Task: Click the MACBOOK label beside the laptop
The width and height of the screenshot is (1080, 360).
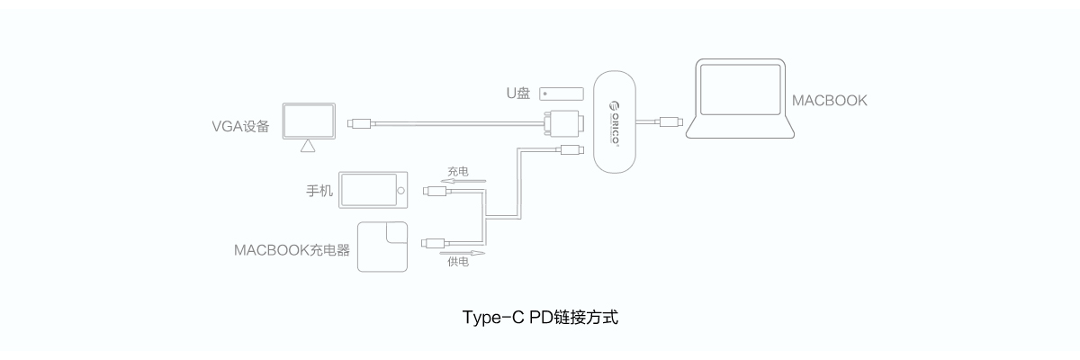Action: [x=829, y=101]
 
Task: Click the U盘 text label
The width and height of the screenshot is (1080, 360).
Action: [x=517, y=93]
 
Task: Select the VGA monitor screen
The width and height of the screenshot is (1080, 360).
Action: [x=308, y=120]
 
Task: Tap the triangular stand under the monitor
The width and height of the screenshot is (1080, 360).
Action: [x=308, y=145]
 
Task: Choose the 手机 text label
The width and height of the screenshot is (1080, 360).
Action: [x=319, y=191]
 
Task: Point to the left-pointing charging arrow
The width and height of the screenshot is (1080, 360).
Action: [x=466, y=181]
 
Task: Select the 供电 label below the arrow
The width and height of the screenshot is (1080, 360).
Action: [x=457, y=262]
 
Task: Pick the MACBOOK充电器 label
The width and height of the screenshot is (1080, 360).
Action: [x=292, y=247]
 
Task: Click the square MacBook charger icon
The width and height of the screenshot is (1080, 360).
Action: [x=382, y=246]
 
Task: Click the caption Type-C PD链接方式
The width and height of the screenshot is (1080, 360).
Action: [x=540, y=318]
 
